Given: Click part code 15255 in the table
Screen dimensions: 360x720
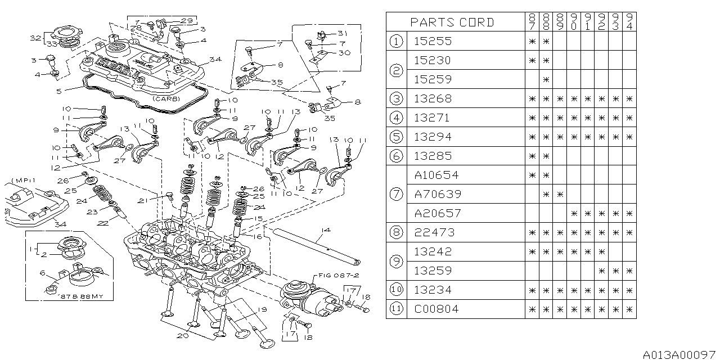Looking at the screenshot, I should (x=433, y=41).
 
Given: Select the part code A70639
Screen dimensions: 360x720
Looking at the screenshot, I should (x=437, y=194).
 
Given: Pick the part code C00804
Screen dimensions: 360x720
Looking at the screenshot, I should (x=436, y=309).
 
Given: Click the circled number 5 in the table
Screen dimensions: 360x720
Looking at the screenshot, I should (x=397, y=137).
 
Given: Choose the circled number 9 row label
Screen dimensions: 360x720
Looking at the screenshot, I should (x=397, y=261).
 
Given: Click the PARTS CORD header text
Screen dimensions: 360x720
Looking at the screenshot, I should (x=452, y=22).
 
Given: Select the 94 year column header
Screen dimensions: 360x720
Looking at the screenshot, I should (x=628, y=22).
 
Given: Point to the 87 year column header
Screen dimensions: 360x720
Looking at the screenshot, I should (x=532, y=22).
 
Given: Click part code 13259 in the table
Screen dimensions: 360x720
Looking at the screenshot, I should (x=433, y=271).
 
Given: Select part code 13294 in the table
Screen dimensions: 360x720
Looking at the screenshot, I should (x=433, y=137).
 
